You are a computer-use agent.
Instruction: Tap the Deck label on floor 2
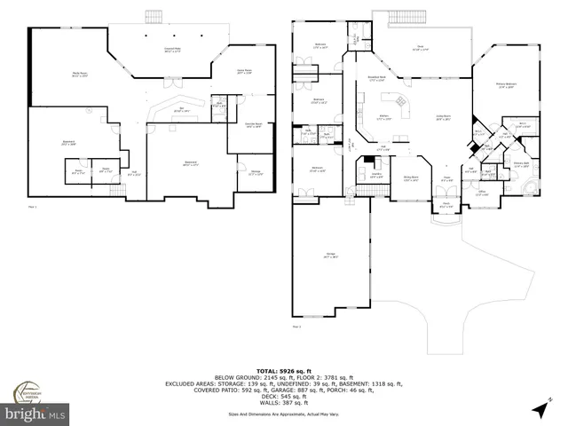point(419,49)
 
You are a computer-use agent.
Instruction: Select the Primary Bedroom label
point(507,86)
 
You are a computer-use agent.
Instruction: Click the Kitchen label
point(386,117)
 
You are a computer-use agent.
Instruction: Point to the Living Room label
point(440,118)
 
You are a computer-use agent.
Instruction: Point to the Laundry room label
point(375,177)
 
